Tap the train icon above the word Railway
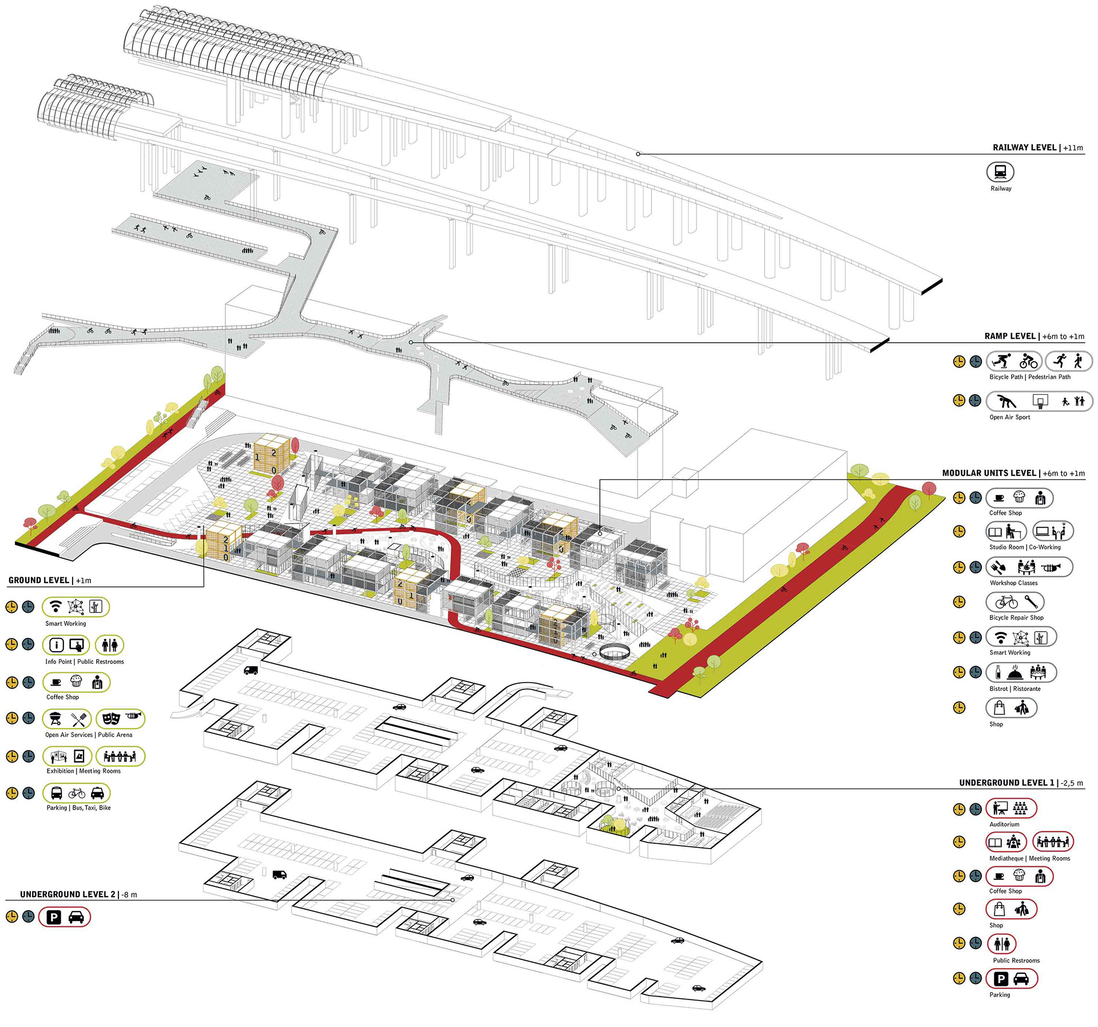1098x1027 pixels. [x=1000, y=172]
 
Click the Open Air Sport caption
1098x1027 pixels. [x=1009, y=417]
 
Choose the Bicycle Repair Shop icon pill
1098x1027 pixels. [x=1015, y=602]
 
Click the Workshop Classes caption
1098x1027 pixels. [x=1013, y=583]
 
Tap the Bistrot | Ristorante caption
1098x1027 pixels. [x=1015, y=689]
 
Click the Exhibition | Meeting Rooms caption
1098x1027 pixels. [x=83, y=771]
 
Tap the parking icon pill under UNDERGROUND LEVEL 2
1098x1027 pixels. [x=65, y=917]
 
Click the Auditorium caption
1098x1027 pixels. [x=1004, y=824]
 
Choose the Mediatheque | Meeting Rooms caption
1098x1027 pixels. [x=1029, y=858]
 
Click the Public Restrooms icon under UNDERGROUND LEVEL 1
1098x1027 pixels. [x=1001, y=943]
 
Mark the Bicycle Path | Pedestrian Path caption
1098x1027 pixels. [x=1029, y=377]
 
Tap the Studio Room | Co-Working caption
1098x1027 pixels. [x=1025, y=548]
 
